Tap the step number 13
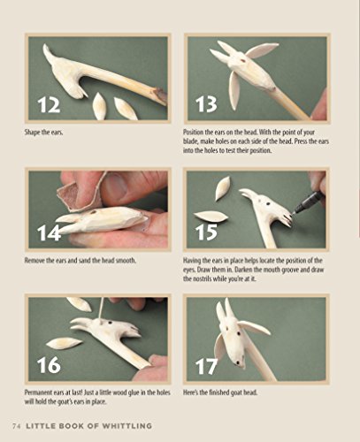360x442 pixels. pyautogui.click(x=205, y=105)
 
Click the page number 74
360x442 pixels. pyautogui.click(x=17, y=428)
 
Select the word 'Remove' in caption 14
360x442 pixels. pyautogui.click(x=40, y=262)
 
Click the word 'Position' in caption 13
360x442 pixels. pyautogui.click(x=197, y=132)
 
